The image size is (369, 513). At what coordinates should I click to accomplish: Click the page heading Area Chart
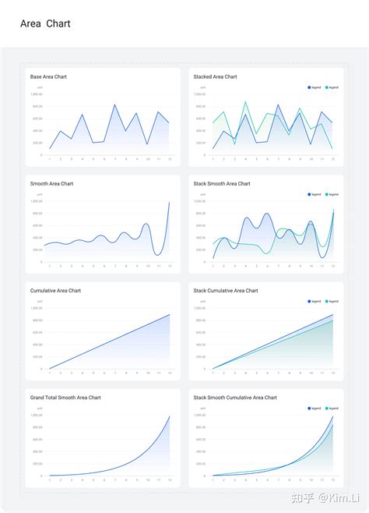tap(45, 23)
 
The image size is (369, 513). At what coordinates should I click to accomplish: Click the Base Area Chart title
tap(48, 76)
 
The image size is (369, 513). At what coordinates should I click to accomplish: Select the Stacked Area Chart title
tap(216, 76)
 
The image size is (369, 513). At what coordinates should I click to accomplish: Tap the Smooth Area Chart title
tap(51, 184)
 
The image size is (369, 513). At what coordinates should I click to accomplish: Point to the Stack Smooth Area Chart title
tap(222, 184)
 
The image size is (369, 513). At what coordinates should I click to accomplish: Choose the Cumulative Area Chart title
tap(55, 291)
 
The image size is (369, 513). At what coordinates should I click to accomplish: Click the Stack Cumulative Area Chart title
tap(226, 291)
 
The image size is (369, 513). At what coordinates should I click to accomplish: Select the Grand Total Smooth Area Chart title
tap(65, 398)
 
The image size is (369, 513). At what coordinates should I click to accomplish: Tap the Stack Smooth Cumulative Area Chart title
tap(235, 398)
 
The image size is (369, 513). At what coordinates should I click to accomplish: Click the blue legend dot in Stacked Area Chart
tap(309, 87)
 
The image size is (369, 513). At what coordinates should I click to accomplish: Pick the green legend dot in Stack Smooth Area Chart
tap(327, 194)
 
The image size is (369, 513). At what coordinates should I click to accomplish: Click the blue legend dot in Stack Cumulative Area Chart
tap(309, 301)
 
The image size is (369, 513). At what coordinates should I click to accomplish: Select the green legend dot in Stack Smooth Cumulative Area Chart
tap(327, 408)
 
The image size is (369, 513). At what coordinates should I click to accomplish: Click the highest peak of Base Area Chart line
tap(114, 104)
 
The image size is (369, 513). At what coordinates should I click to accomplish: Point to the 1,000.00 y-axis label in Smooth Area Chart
tap(37, 201)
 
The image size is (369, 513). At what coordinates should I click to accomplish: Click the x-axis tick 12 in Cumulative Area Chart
tap(170, 373)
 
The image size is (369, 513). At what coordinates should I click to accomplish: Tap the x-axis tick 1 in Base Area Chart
tap(50, 159)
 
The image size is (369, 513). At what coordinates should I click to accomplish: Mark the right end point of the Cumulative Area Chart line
tap(170, 314)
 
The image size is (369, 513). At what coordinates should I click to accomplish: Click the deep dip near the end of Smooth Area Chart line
tap(158, 255)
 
